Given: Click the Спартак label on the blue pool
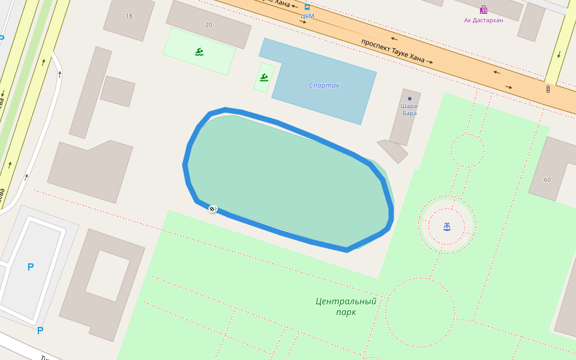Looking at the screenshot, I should (324, 85).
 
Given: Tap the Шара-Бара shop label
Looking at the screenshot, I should (410, 109).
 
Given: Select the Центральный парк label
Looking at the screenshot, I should (346, 306).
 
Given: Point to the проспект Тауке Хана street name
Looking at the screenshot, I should (393, 51).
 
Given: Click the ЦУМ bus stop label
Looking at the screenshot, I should (307, 16).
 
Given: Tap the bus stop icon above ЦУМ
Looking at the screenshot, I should (307, 7).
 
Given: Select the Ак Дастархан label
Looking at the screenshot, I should (484, 20).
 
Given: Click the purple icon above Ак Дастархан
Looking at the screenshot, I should (484, 10).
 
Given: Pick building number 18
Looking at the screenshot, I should (129, 16).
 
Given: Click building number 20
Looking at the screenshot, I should (208, 25).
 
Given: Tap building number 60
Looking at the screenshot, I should (547, 179).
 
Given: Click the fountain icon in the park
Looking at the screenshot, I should (447, 226).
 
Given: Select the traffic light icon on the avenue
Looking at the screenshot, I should (548, 89).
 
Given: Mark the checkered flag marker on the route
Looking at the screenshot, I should (212, 208).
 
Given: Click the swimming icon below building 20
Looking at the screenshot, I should (199, 52).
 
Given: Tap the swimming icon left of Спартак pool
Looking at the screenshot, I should (264, 77).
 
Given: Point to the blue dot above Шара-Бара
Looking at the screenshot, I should (410, 98).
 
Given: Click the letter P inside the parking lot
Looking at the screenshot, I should (31, 267).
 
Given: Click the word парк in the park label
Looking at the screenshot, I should (346, 312).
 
